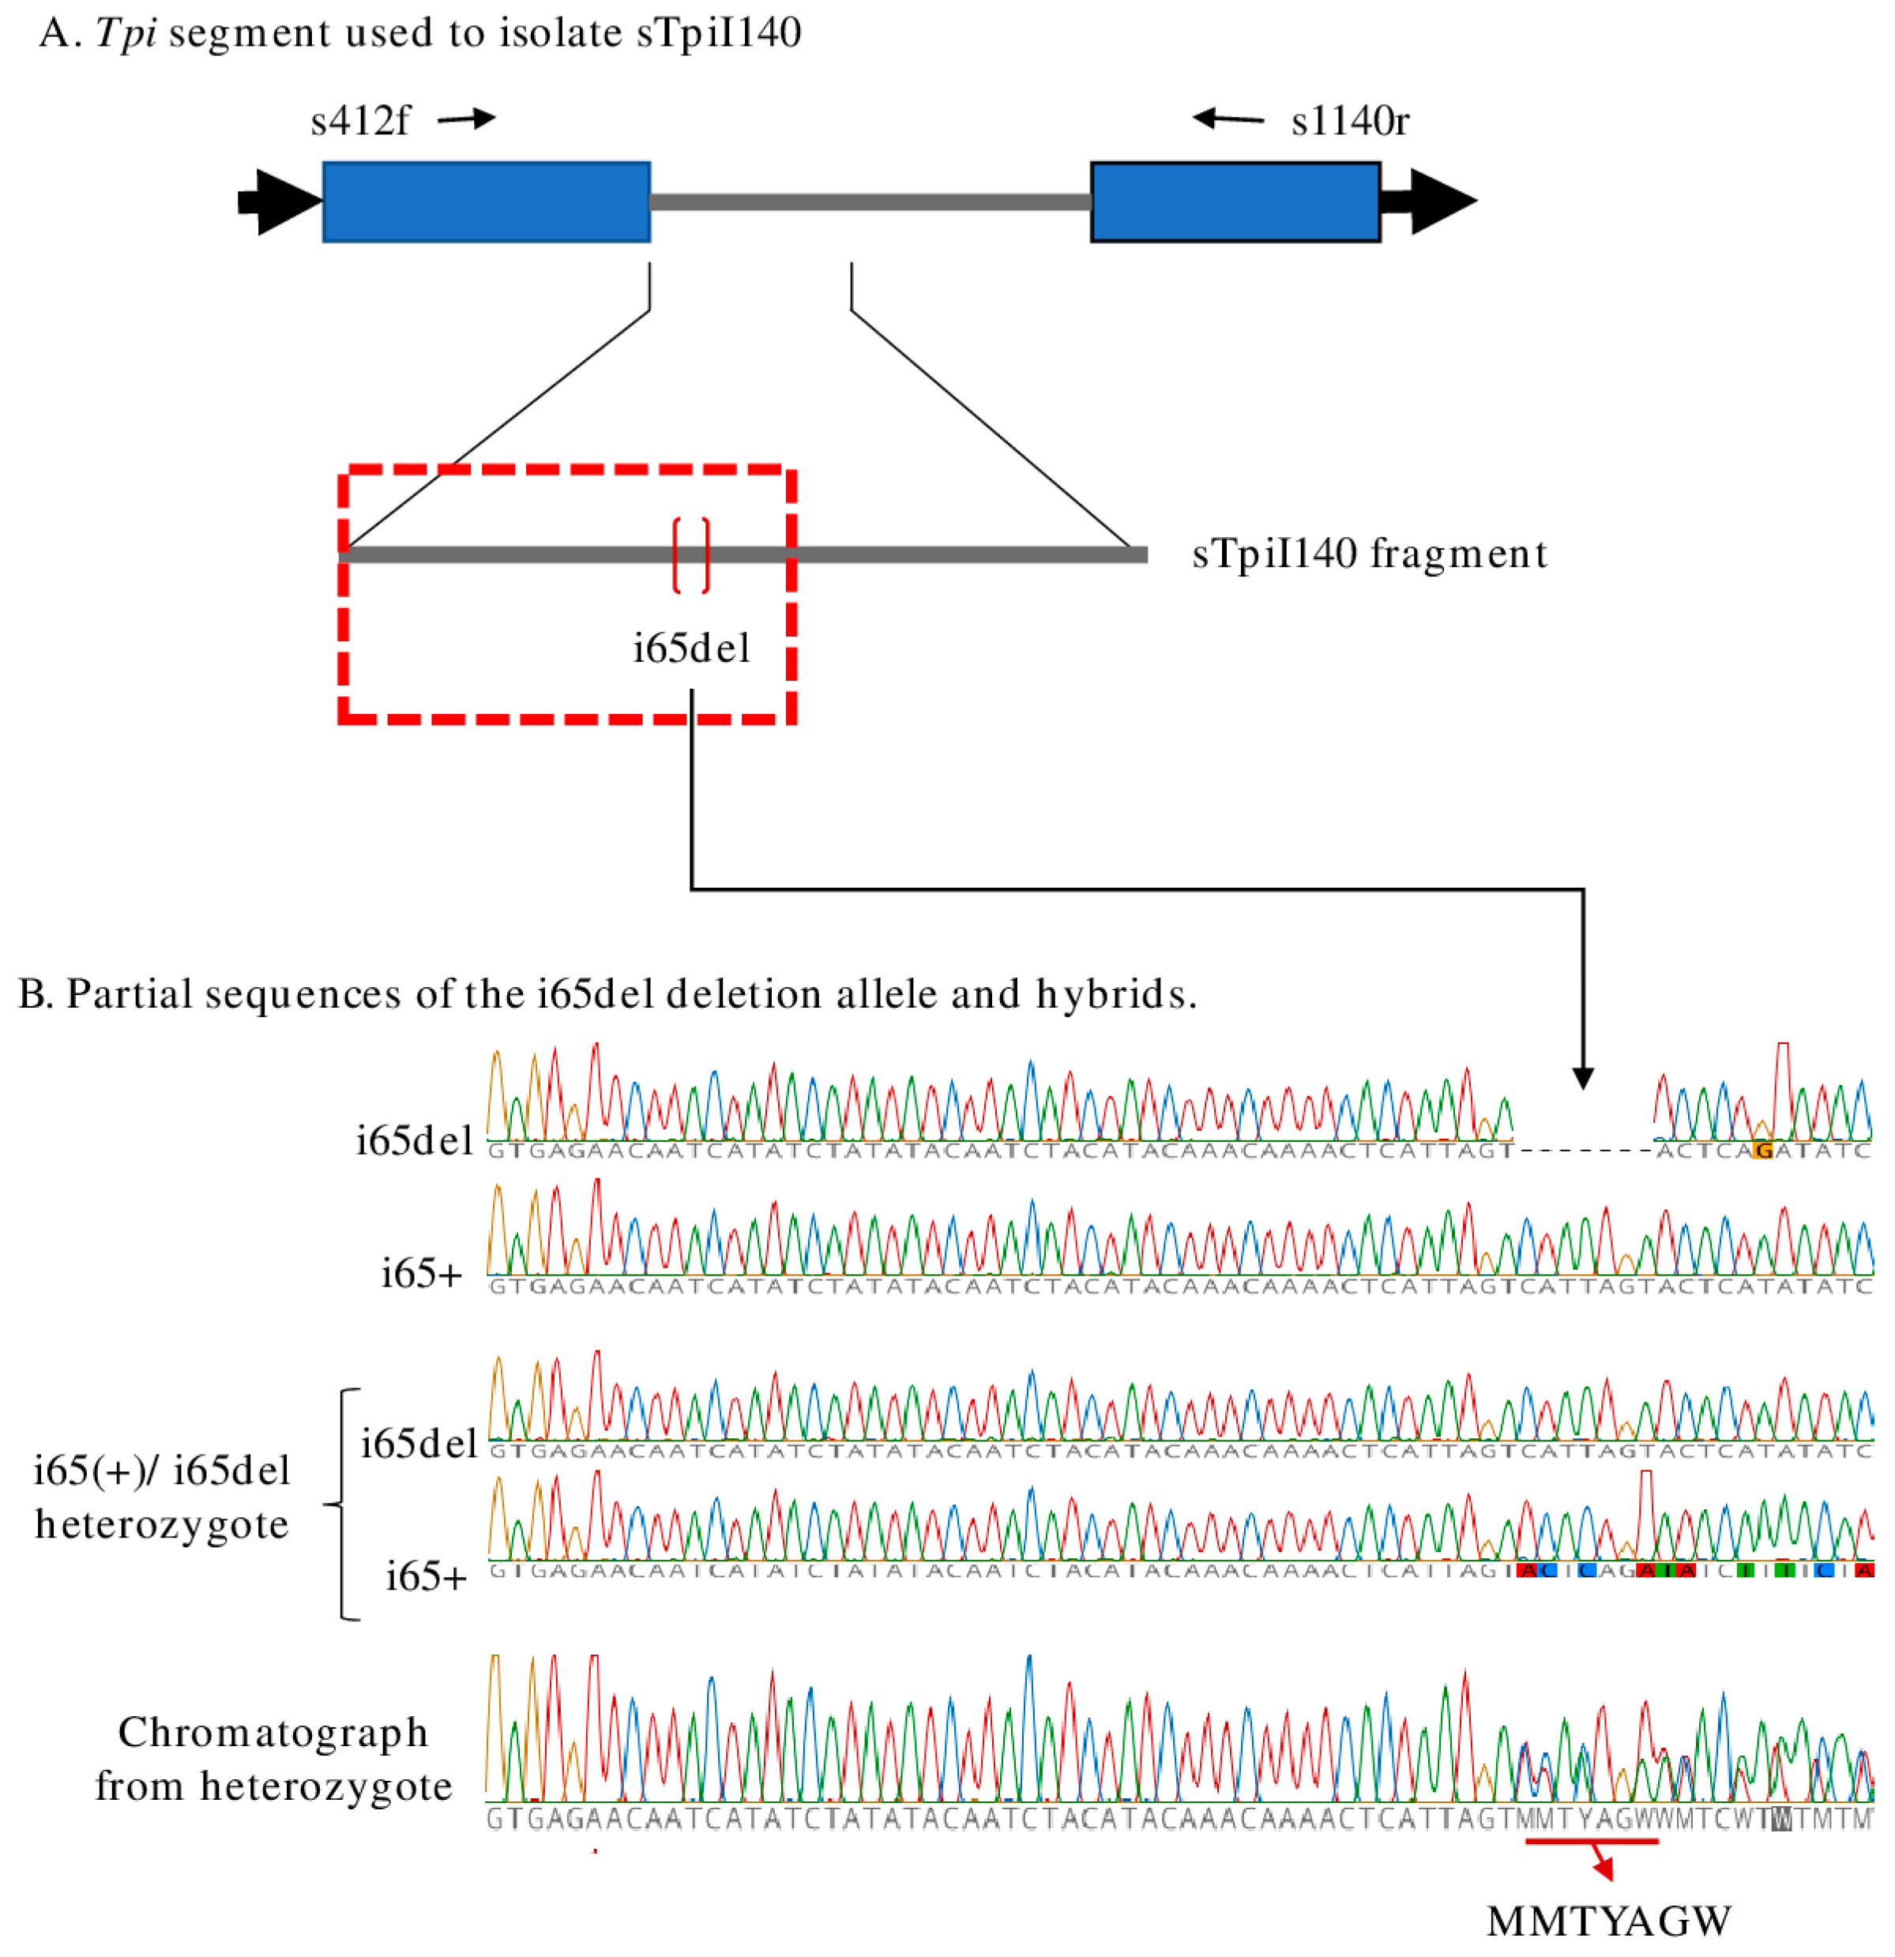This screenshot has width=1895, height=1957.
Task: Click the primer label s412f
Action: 359,122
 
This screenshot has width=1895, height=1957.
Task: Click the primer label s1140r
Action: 1349,122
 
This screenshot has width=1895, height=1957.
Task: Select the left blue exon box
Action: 487,201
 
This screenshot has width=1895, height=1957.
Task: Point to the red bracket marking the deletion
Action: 691,555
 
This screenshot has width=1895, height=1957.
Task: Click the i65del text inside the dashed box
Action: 691,649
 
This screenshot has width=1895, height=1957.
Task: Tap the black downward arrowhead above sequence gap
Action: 1582,1077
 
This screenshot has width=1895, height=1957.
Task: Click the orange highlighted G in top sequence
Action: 1763,1150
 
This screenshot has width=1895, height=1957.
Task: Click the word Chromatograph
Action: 273,1734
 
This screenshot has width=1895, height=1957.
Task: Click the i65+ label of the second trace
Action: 421,1274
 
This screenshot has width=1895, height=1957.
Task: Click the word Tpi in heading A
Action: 126,33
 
